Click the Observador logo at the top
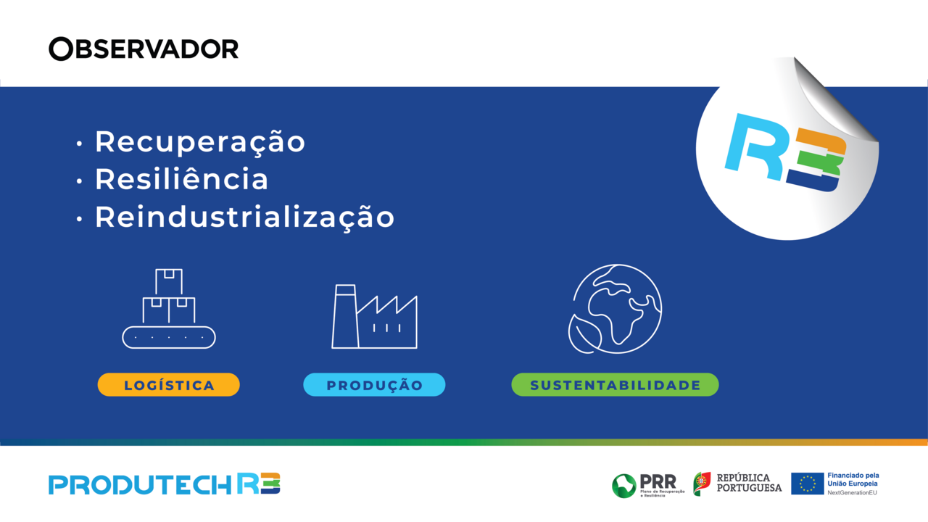pos(144,49)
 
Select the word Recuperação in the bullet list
pos(199,141)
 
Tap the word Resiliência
pos(181,179)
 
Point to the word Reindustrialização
pos(244,217)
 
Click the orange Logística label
pos(169,385)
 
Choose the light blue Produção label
pos(374,385)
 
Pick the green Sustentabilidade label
pos(615,385)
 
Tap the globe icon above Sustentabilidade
pos(616,308)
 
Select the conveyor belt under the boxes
pos(169,337)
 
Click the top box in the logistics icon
pos(169,281)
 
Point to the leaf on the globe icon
pos(584,335)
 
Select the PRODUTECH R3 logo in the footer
pos(165,484)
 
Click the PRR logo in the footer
pos(644,484)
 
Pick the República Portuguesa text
pos(749,483)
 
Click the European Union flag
pos(807,484)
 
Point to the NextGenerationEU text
pos(852,492)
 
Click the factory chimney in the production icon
pos(344,316)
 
